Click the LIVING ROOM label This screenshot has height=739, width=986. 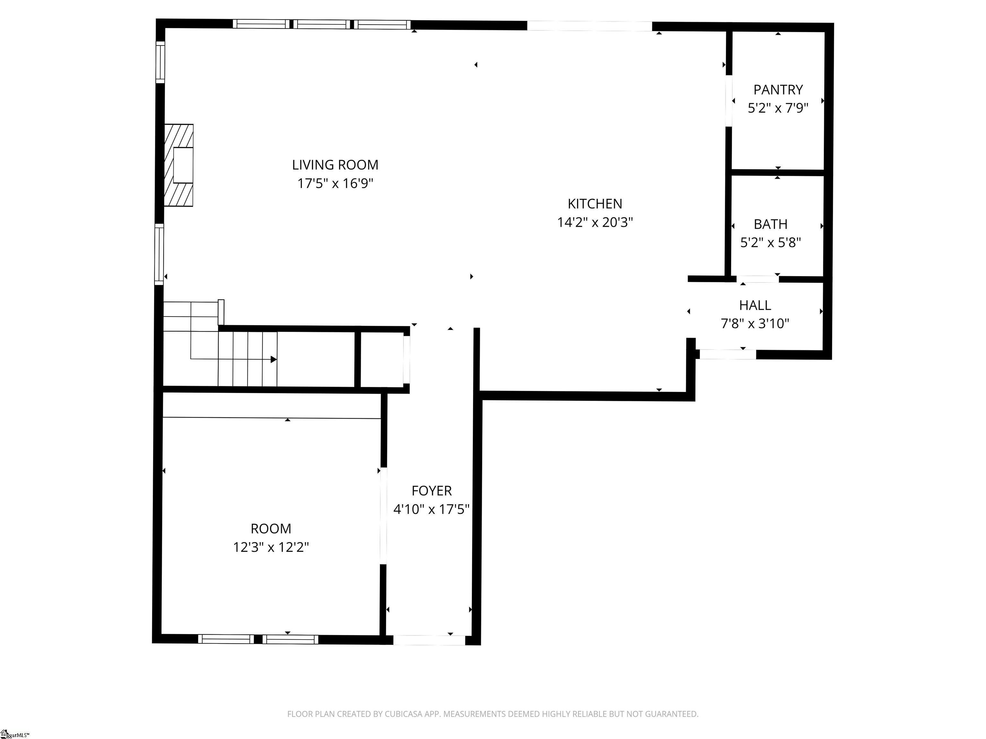335,165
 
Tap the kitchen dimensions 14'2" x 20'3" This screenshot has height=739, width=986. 595,222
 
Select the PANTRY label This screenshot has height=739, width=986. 778,89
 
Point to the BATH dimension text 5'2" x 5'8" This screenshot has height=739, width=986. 770,242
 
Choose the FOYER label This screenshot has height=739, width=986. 431,490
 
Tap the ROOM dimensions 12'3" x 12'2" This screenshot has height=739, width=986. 271,547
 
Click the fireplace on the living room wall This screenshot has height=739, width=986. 179,165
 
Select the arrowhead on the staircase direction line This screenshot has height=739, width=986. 273,359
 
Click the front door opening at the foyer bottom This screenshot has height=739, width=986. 429,640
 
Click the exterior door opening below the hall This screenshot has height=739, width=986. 728,354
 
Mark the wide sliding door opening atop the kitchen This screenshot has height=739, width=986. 589,26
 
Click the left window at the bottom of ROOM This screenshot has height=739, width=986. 226,639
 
